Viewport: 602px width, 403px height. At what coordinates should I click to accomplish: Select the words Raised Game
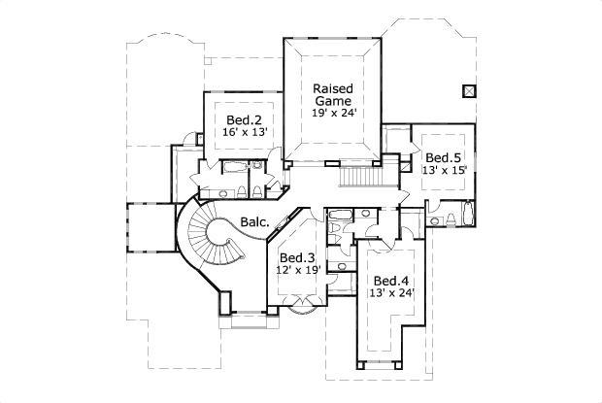331,94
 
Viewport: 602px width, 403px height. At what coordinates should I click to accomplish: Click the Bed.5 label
443,157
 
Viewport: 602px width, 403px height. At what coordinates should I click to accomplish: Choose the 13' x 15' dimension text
444,170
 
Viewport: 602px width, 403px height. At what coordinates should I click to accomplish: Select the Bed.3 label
297,257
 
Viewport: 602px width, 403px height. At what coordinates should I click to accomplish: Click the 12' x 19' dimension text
297,270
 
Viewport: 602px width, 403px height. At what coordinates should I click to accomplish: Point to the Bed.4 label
390,280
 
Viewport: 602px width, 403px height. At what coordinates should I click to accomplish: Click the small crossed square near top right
470,91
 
